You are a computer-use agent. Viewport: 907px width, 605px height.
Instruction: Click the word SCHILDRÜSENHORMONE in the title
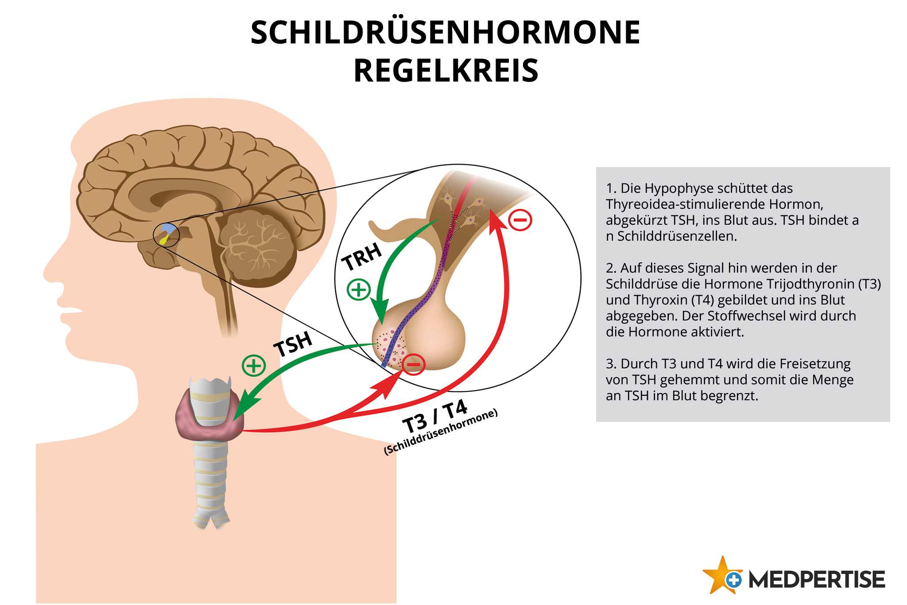[x=445, y=32]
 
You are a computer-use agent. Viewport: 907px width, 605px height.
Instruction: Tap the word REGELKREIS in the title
[x=446, y=71]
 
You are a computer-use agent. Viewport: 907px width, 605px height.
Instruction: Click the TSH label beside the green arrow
[x=293, y=344]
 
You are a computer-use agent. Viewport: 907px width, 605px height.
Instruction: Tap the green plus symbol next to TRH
[x=358, y=289]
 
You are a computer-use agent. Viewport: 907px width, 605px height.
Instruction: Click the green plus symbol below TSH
[x=254, y=366]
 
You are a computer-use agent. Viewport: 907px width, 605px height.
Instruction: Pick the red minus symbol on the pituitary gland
[x=413, y=364]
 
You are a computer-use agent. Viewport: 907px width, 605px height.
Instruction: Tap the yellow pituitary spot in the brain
[x=164, y=240]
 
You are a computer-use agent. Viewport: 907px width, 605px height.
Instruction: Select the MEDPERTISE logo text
[x=817, y=580]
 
